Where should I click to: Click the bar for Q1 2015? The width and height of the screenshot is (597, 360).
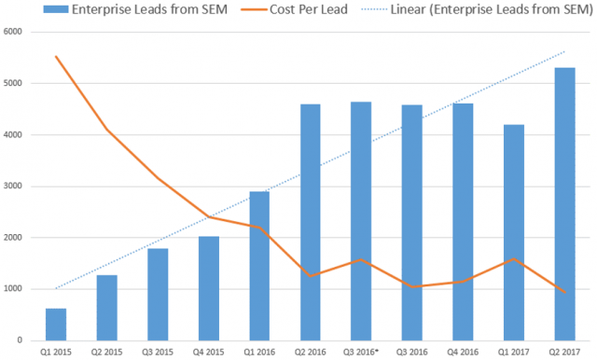point(56,324)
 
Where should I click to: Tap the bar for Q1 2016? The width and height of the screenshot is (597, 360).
point(258,266)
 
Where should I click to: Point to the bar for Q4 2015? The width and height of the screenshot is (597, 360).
point(208,288)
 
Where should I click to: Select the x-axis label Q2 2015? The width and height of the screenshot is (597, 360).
point(106,351)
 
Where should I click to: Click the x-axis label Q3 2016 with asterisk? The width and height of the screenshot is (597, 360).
point(361,351)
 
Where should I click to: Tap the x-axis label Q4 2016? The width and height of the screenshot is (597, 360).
point(463,351)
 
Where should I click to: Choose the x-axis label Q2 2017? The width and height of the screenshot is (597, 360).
point(564,351)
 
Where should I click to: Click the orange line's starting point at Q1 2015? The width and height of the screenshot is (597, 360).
point(56,56)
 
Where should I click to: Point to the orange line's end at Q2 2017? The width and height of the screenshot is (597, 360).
point(564,293)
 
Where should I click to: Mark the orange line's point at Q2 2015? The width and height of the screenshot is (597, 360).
point(106,129)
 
